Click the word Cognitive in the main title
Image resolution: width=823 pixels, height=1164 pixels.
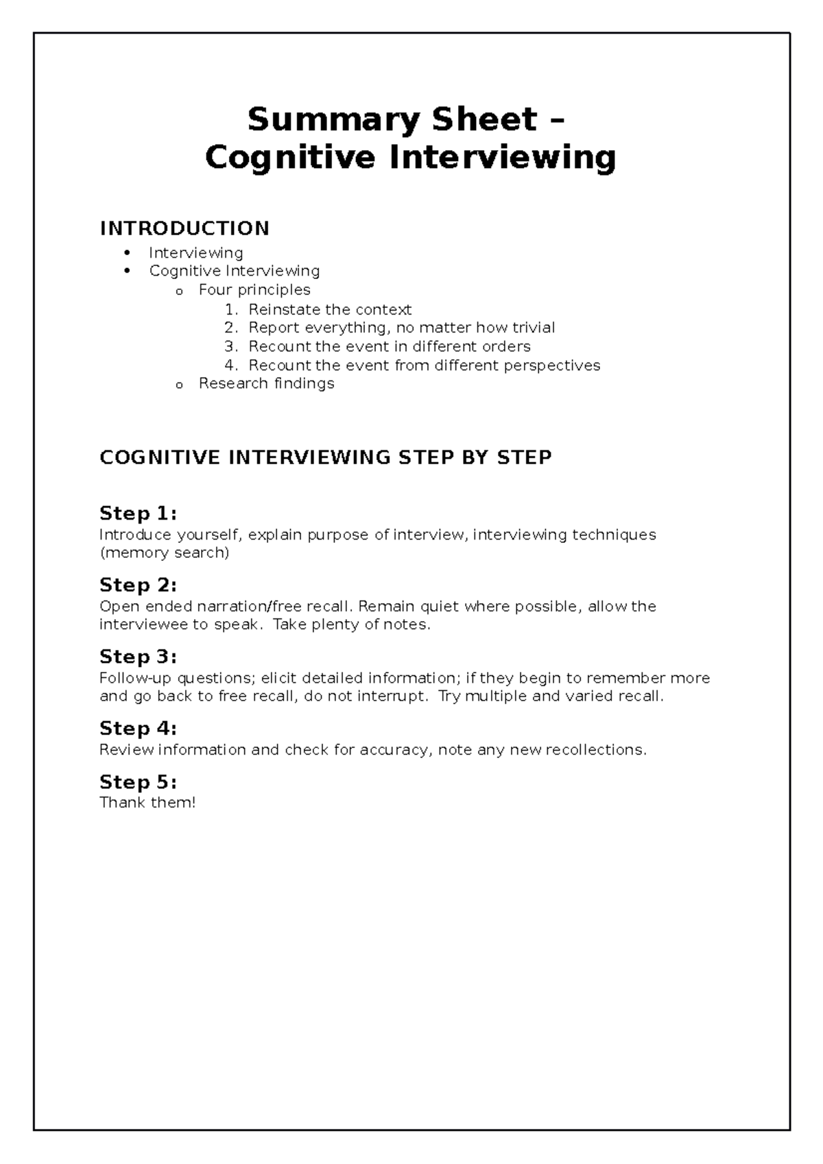point(290,158)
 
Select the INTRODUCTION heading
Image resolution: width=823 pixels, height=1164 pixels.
point(184,228)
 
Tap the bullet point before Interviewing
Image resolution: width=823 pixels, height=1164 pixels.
point(126,253)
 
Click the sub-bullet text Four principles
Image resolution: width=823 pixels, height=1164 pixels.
point(254,290)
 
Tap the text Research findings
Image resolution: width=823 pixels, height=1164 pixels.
point(266,384)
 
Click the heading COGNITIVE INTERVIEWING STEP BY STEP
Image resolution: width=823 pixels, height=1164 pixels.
point(326,457)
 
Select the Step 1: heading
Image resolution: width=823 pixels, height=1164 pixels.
point(138,513)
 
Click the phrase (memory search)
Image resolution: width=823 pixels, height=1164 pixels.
point(164,553)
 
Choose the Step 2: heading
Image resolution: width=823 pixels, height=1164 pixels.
point(138,585)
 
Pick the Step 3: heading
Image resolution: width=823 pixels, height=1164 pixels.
point(138,657)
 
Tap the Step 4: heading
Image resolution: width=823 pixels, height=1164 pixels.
point(138,728)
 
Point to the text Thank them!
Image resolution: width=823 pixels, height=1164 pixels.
point(147,803)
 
